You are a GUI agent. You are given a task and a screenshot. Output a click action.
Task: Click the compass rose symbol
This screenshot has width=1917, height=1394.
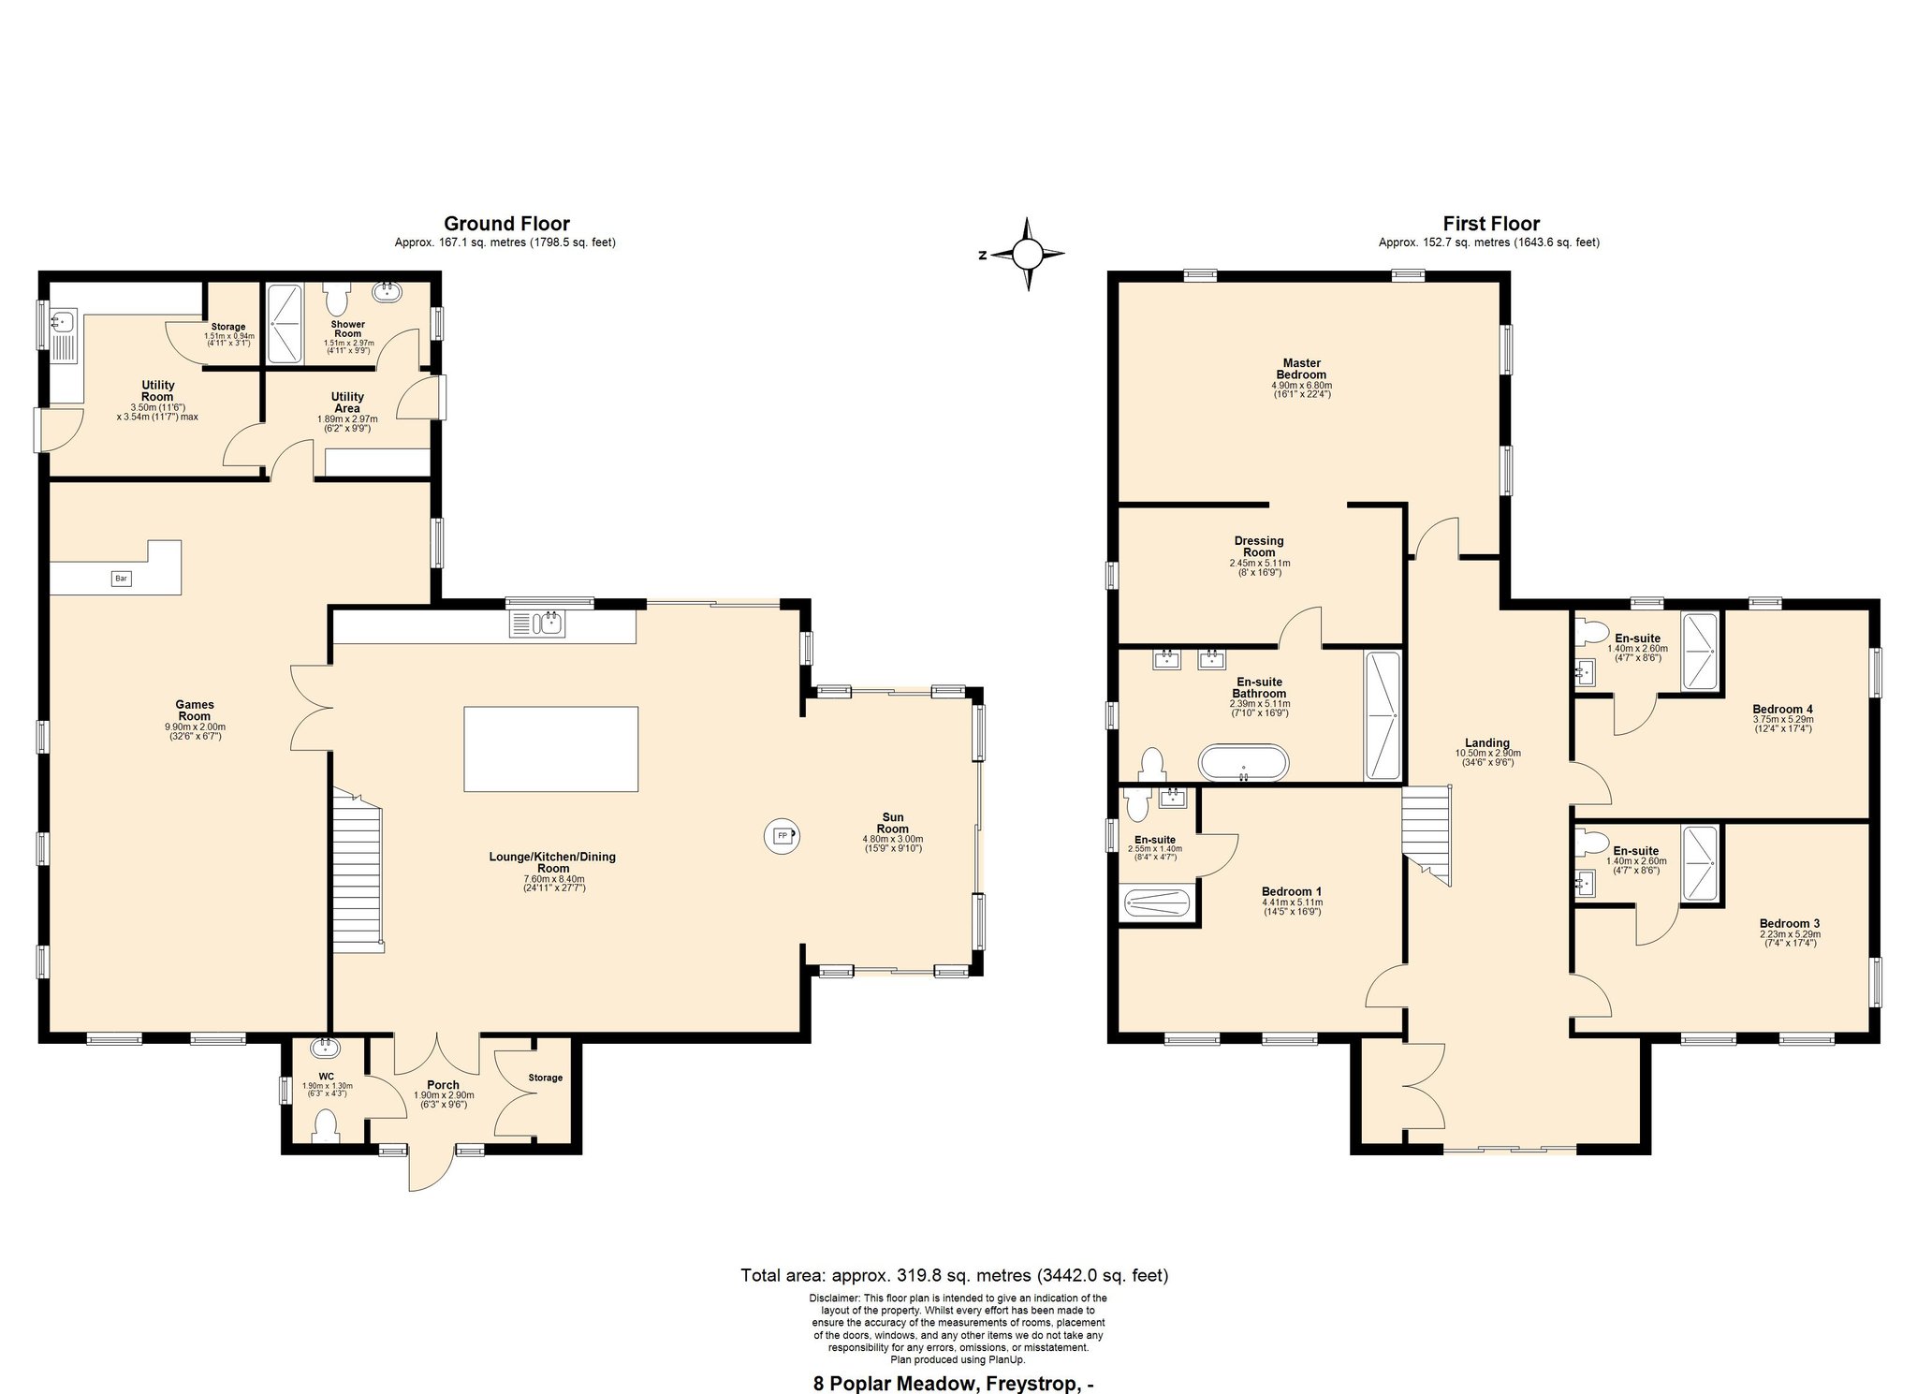click(1027, 254)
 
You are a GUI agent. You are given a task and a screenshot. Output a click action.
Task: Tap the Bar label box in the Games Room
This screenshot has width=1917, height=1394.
click(121, 579)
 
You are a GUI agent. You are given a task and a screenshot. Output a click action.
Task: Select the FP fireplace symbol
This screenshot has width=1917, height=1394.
click(782, 835)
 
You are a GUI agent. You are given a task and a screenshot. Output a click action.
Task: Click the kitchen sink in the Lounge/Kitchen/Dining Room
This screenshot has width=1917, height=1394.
click(537, 623)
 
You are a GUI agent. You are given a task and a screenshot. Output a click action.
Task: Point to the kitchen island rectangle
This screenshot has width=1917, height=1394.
click(551, 749)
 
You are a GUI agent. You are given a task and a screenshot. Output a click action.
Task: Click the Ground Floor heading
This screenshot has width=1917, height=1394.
click(506, 224)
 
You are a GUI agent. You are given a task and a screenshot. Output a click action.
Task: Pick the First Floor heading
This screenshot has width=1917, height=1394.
click(1491, 224)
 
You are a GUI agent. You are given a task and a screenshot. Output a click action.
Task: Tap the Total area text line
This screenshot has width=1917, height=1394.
click(955, 1275)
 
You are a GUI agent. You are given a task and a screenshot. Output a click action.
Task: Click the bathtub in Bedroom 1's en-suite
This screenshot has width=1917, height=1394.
click(1157, 904)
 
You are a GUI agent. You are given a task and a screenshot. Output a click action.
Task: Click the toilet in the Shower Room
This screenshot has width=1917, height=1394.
click(336, 299)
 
